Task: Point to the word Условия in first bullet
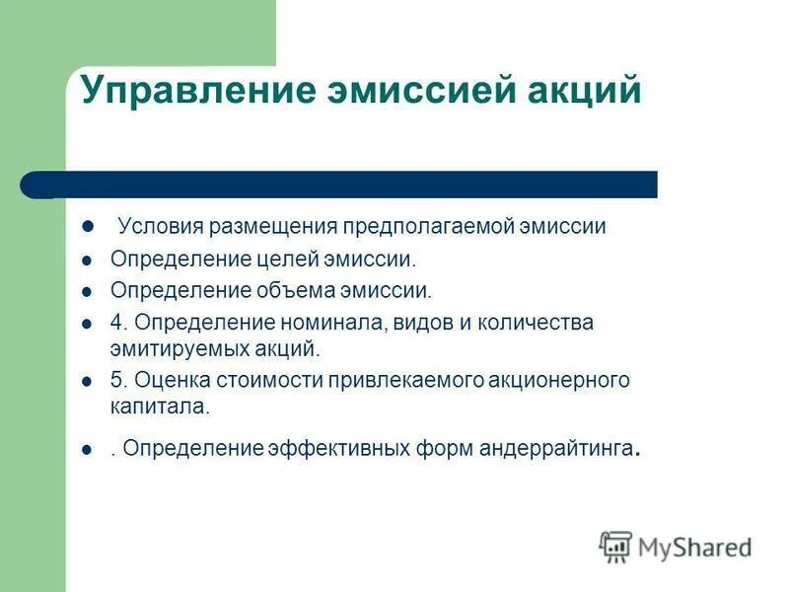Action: pos(159,227)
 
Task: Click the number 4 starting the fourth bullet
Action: pos(115,323)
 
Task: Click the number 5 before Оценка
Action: pos(115,380)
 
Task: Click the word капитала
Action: pos(145,406)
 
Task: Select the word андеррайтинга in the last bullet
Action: pos(558,449)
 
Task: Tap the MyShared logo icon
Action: pos(615,547)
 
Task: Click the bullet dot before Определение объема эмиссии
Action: pos(87,292)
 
